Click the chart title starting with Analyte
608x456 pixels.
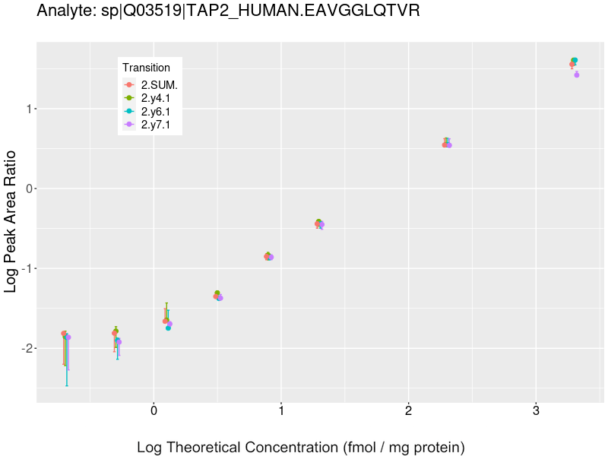(228, 11)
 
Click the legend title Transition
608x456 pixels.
(146, 68)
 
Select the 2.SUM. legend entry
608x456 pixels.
(159, 85)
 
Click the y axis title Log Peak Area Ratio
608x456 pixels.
(12, 221)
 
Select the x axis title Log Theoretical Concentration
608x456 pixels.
(300, 447)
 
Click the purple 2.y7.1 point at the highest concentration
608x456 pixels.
(577, 74)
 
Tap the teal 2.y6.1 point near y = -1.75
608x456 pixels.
(168, 328)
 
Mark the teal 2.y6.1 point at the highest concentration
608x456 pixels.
(575, 60)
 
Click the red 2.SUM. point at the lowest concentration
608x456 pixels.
(64, 334)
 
